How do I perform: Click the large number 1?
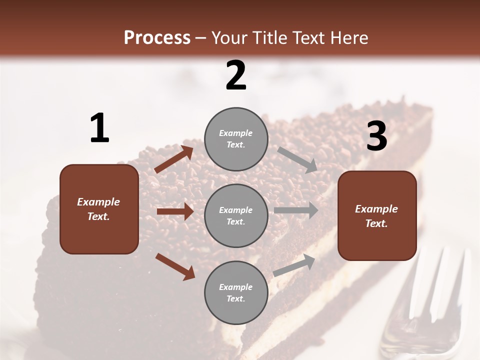(99, 128)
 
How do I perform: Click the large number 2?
(236, 75)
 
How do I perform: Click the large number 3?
(376, 136)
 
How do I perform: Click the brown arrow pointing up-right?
(174, 159)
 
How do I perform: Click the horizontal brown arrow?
(175, 211)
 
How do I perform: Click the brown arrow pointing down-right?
(175, 266)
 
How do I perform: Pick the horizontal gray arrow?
(296, 210)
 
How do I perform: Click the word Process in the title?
(157, 37)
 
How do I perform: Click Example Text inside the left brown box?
(98, 209)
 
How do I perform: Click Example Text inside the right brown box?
(376, 216)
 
